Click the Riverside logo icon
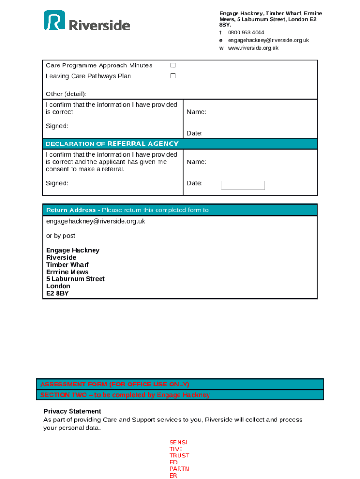[x=54, y=21]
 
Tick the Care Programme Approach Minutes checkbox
[x=173, y=65]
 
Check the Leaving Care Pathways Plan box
[x=173, y=76]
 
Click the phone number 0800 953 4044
[x=246, y=33]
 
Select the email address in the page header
[x=268, y=40]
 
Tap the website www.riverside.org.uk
[x=253, y=48]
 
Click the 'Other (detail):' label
[x=66, y=94]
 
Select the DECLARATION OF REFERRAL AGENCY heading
[x=112, y=144]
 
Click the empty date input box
[x=242, y=185]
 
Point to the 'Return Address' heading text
[x=71, y=210]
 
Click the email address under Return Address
[x=95, y=221]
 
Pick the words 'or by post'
[x=61, y=236]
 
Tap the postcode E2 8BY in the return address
[x=58, y=293]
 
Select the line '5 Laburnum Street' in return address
[x=75, y=279]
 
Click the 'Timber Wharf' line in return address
[x=67, y=265]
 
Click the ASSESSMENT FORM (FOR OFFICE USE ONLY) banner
[x=115, y=384]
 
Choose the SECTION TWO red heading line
[x=125, y=395]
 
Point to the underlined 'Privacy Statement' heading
[x=72, y=411]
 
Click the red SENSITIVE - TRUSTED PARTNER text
[x=179, y=458]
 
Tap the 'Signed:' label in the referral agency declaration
[x=57, y=183]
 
